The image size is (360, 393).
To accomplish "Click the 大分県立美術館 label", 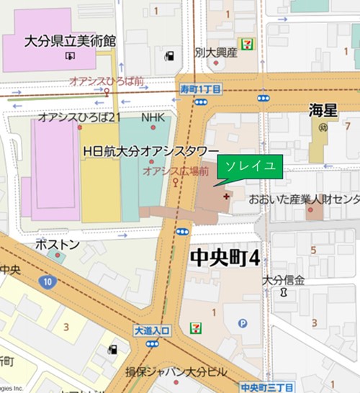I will pyautogui.click(x=69, y=41).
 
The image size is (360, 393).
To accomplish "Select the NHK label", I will pyautogui.click(x=153, y=117).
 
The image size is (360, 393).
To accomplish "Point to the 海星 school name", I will pyautogui.click(x=323, y=110).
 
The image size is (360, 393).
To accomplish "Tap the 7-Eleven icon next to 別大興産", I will pyautogui.click(x=247, y=45).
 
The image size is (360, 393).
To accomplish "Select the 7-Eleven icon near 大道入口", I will pyautogui.click(x=195, y=327).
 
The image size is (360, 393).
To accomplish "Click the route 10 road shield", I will pyautogui.click(x=47, y=281).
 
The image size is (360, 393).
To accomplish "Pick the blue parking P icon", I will pyautogui.click(x=243, y=323).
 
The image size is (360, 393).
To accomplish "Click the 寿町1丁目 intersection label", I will pyautogui.click(x=199, y=89).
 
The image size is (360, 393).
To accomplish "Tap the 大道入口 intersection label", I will pyautogui.click(x=151, y=330).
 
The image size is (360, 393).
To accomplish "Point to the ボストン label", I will pyautogui.click(x=57, y=245).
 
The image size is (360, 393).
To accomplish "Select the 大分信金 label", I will pyautogui.click(x=284, y=280).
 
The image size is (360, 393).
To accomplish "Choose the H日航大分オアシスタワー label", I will pyautogui.click(x=150, y=151).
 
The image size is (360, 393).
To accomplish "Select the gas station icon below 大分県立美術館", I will pyautogui.click(x=169, y=55).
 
